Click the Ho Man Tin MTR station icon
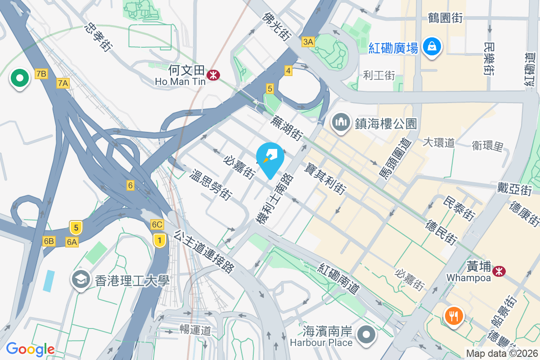(213, 75)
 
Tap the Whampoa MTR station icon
(499, 271)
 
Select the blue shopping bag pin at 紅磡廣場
(432, 47)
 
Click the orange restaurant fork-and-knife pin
(454, 316)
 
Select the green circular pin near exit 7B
(19, 78)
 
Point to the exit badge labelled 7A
(63, 83)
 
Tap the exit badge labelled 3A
(308, 42)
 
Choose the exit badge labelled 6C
(157, 225)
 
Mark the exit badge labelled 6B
(49, 242)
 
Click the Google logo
(30, 349)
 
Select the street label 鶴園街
(445, 18)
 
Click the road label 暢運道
(195, 330)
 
